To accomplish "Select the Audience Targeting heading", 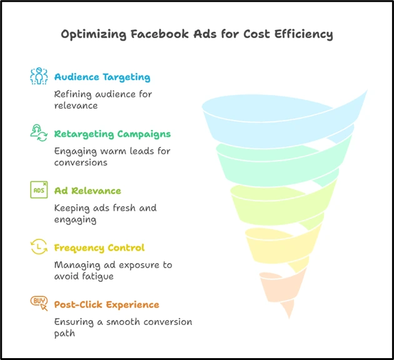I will [102, 77].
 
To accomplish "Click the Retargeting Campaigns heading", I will [112, 134].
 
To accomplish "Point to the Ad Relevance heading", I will [88, 191].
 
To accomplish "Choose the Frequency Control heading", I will [99, 247].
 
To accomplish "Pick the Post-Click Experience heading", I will [106, 304].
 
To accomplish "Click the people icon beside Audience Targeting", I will [39, 76].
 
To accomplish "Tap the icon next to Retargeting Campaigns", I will [39, 132].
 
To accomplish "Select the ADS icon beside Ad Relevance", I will [39, 189].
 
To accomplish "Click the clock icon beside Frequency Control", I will [39, 247].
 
